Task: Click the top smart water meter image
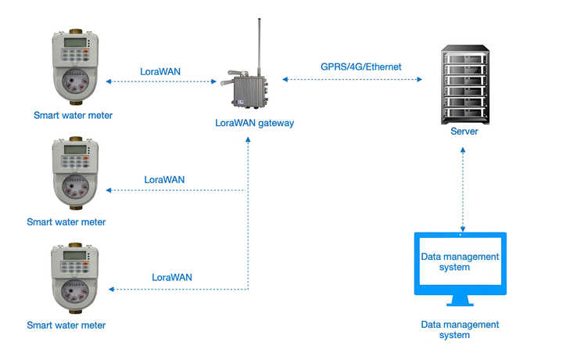coord(75,68)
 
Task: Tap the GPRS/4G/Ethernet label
coord(360,67)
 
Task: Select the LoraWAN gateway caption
coord(254,123)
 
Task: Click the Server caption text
coord(464,131)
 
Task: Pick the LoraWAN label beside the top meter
coord(160,72)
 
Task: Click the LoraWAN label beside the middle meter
coord(164,180)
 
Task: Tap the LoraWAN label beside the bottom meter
coord(172,277)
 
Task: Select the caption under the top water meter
coord(73,116)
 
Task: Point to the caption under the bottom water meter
coord(66,325)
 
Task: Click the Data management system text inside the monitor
coord(460,261)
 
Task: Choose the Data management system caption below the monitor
coord(460,329)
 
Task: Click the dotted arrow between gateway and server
coord(352,80)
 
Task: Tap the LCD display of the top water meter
coord(75,42)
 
